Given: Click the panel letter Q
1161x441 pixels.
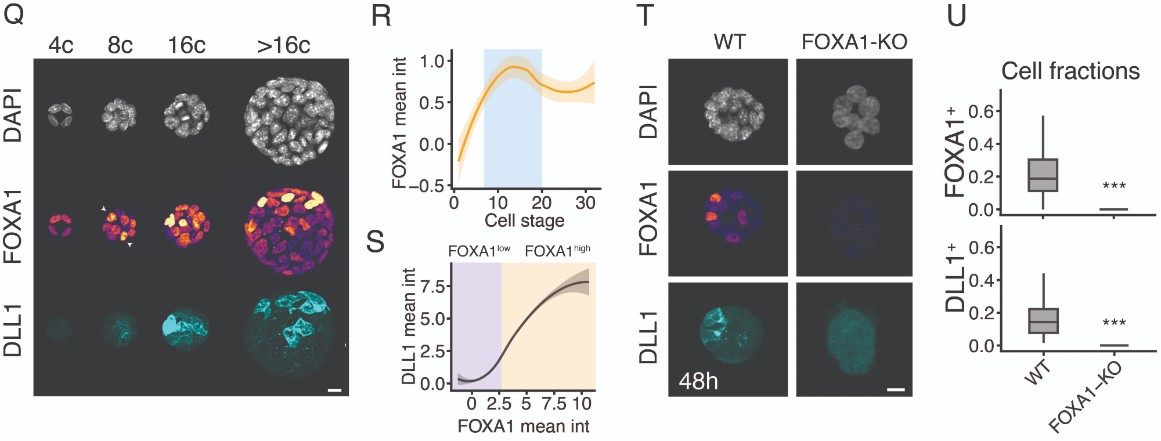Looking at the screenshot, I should point(14,14).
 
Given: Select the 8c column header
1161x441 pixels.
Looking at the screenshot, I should point(120,45).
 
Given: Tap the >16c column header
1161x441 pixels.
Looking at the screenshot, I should point(283,45).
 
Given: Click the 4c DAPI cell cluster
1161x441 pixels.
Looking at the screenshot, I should point(60,114).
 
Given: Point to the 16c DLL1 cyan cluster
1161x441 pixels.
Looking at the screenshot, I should point(185,330).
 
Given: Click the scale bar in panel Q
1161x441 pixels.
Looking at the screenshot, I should point(334,390).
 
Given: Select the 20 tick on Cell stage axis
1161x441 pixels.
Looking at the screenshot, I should point(541,203).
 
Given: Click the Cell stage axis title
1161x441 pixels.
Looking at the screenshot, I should point(524,221).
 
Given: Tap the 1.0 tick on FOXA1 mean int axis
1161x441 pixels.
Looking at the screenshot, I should point(431,61).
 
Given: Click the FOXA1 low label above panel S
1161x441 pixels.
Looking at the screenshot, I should point(479,251).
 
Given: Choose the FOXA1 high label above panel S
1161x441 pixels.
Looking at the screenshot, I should point(557,251).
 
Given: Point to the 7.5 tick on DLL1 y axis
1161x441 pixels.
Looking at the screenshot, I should point(432,286).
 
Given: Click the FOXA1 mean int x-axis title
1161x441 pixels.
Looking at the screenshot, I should point(523,426).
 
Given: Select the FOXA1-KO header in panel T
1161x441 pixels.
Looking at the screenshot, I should point(854,42).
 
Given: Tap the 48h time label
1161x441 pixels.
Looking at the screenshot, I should point(698,381).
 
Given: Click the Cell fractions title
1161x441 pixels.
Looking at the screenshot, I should point(1070,71).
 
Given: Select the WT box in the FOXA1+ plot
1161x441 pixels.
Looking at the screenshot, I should point(1043,175).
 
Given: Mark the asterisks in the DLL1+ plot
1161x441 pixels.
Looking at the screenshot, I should point(1114,323).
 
